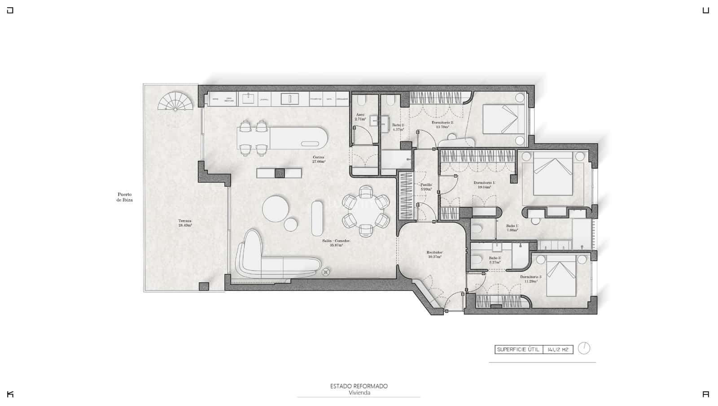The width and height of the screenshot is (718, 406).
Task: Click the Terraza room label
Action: (x=185, y=223)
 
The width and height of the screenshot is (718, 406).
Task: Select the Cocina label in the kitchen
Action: (x=319, y=159)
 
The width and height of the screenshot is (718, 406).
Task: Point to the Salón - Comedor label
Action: (x=336, y=243)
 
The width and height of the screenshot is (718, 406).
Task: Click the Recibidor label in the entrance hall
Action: (x=434, y=255)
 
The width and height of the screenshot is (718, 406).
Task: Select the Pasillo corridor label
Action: (x=426, y=187)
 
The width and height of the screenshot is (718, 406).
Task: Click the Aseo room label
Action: (x=360, y=117)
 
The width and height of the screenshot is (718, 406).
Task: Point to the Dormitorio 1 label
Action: (x=484, y=185)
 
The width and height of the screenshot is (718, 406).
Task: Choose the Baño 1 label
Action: (x=512, y=228)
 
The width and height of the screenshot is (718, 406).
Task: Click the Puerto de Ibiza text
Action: (x=124, y=197)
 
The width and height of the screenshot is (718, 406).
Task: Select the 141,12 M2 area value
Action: (x=558, y=350)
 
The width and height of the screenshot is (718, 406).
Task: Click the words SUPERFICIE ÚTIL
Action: (x=518, y=350)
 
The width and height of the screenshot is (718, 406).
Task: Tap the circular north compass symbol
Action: (x=584, y=348)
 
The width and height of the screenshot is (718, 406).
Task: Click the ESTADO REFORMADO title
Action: (x=359, y=386)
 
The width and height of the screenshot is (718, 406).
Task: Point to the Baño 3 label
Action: (x=495, y=260)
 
